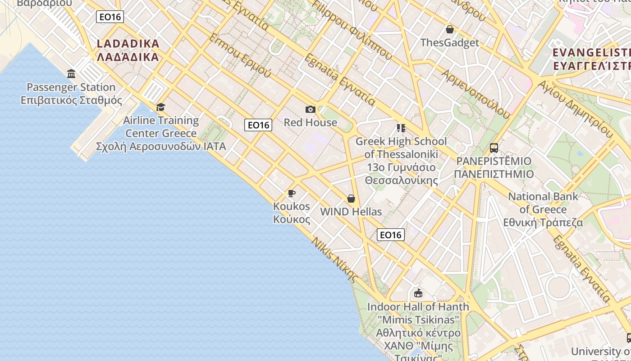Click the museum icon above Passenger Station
point(71,74)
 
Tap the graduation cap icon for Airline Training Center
point(160,107)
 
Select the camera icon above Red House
point(310,109)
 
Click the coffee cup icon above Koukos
point(291,194)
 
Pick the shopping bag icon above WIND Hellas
point(351,199)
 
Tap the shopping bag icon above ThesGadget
point(449,30)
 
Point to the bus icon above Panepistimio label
point(494,148)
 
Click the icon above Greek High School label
point(401,128)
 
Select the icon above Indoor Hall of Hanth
point(418,293)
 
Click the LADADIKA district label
point(128,50)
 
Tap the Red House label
point(310,122)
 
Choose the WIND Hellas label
point(351,212)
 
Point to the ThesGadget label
point(449,43)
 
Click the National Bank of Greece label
point(543,209)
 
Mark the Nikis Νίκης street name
point(334,259)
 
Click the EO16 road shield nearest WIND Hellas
point(390,235)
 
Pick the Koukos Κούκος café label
point(292,213)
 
